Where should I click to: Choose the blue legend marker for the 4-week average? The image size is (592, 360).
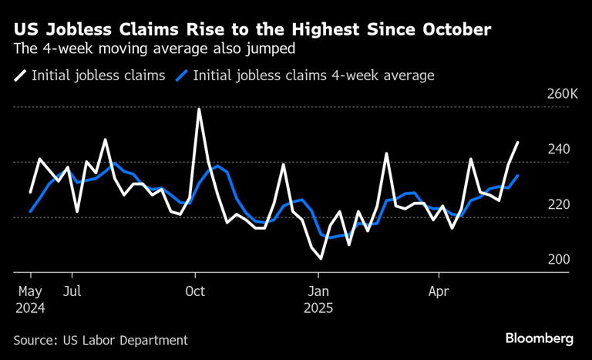coord(182,76)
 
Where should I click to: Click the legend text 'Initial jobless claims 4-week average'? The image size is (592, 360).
coord(314,76)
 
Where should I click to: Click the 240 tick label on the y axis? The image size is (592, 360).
coord(559,150)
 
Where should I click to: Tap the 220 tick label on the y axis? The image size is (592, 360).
coord(559,204)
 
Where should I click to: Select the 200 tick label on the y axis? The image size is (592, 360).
coord(559,260)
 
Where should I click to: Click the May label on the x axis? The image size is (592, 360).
coord(31,291)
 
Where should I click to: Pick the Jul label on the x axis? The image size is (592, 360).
coord(72,291)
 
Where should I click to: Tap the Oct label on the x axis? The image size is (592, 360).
coord(195,291)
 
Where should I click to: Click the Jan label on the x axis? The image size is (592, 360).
coord(319,291)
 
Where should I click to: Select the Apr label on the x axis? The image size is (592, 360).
coord(439,291)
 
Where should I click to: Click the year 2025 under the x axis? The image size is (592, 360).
coord(319,308)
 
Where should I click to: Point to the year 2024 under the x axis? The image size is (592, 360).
coord(31,308)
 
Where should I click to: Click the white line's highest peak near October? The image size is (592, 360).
coord(199,109)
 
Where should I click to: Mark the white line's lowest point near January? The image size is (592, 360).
coord(320,258)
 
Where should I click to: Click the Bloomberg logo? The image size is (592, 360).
coord(540,338)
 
